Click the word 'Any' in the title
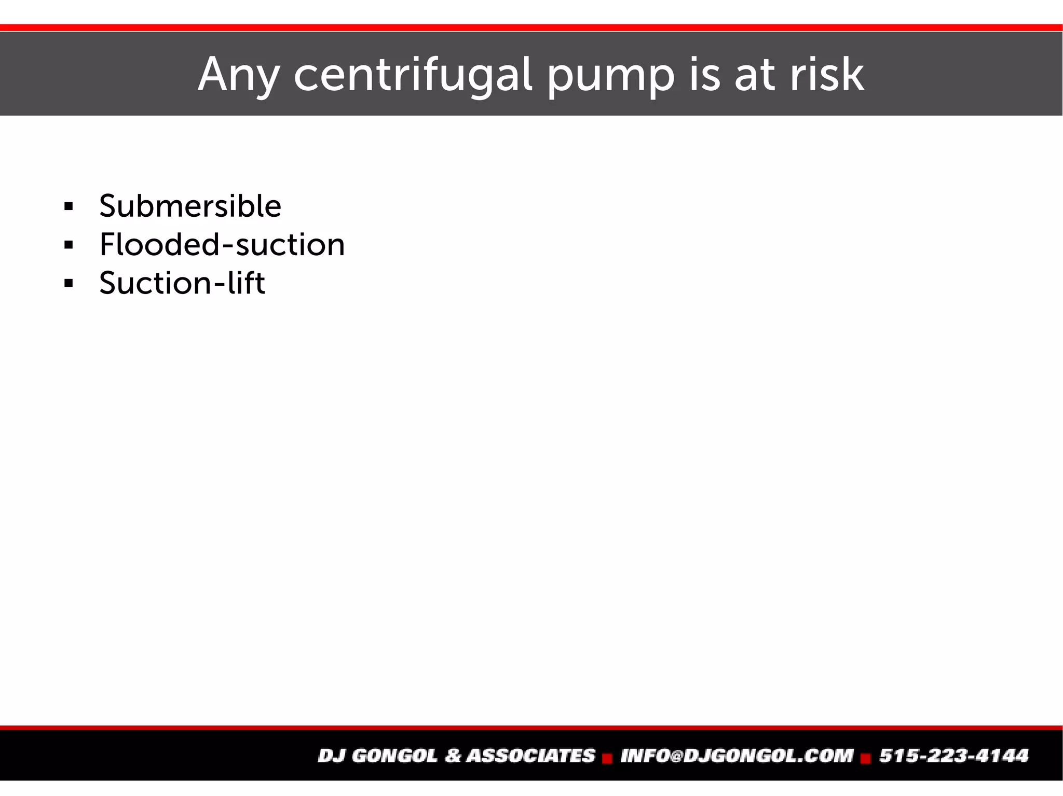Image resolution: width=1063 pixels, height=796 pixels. pos(238,75)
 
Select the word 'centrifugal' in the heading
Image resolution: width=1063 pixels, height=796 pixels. pos(413,75)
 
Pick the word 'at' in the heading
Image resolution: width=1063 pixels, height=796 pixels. pos(755,75)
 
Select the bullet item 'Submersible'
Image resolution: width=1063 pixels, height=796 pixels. pos(190,206)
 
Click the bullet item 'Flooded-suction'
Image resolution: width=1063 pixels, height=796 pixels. pos(222,244)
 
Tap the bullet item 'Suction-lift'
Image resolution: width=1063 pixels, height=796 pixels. pos(182,283)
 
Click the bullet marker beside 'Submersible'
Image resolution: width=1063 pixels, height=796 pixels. pos(69,207)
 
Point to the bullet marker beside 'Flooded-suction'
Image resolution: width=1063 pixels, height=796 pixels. pos(69,245)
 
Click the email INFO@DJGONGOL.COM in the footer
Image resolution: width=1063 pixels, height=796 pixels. pos(737,756)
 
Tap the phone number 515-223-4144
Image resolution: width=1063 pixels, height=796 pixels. pos(953,756)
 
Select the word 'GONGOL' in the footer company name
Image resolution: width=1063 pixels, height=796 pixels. pos(394,756)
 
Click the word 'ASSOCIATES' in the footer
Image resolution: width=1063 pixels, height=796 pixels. pos(530,756)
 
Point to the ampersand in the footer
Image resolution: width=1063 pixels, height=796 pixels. pos(453,756)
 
